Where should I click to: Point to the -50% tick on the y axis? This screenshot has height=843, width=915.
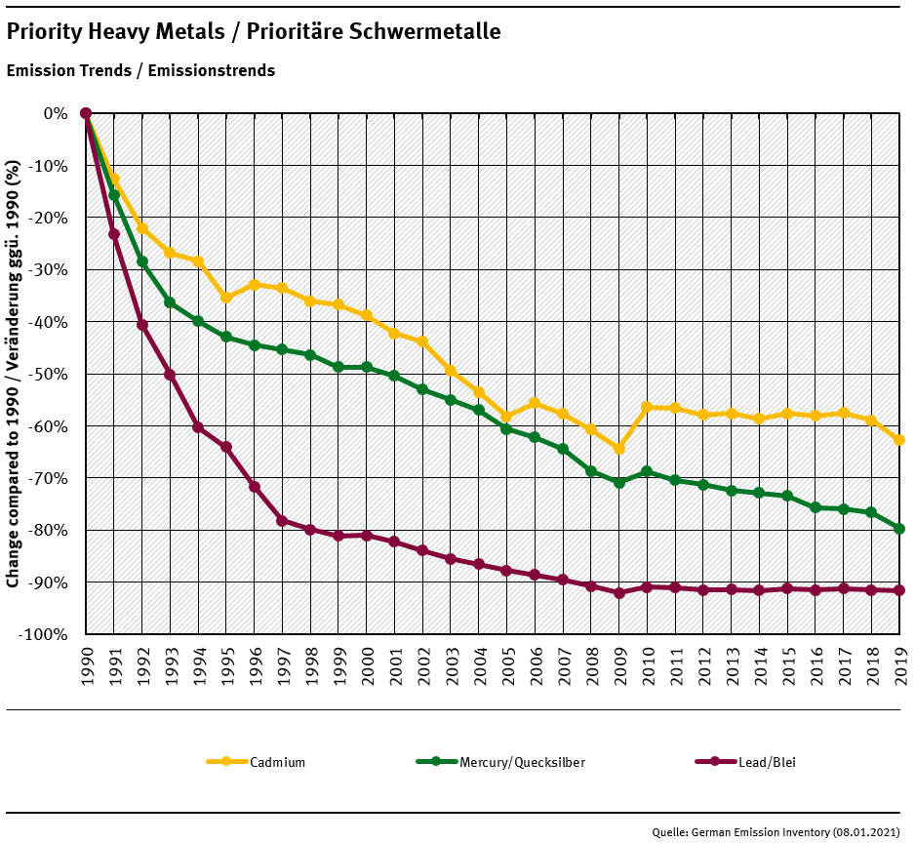click(49, 374)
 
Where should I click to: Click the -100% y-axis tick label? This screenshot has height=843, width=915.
click(45, 634)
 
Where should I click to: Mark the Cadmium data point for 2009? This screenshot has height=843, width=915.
click(618, 449)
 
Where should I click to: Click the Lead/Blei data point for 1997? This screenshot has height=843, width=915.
click(282, 521)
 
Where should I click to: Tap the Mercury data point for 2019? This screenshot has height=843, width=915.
click(899, 529)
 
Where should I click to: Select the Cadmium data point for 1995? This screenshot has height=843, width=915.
click(226, 298)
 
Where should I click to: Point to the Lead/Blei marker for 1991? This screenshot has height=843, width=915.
click(114, 234)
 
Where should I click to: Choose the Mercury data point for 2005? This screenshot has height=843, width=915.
click(506, 429)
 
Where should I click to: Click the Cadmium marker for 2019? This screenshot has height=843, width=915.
click(899, 440)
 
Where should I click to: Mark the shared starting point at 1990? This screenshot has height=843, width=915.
click(86, 113)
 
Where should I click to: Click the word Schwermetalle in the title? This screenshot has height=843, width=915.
click(423, 32)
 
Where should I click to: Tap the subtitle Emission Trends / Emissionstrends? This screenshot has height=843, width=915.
click(140, 71)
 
